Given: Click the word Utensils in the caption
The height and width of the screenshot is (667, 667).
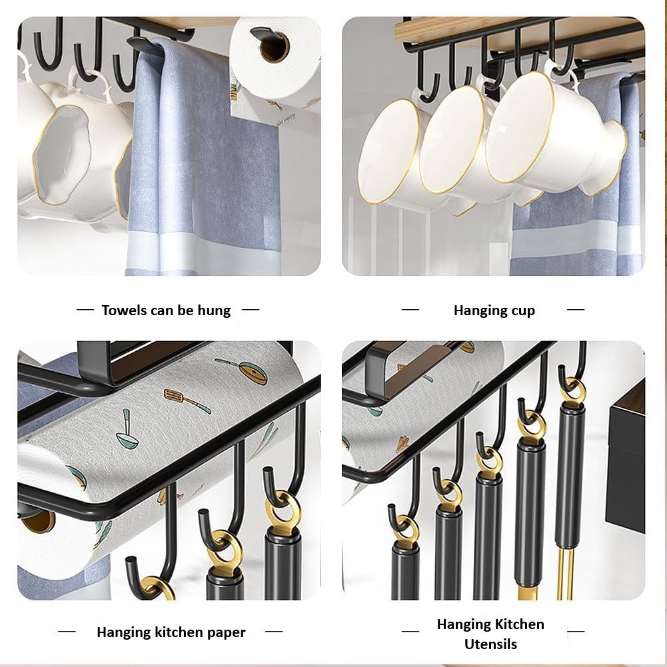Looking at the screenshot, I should point(490,644).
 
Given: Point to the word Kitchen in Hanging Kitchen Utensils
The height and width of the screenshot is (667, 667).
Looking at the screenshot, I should point(519,624).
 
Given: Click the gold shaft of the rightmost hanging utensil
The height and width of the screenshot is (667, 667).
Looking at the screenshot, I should point(566,573).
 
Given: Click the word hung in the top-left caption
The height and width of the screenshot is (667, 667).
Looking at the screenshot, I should point(215,311).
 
